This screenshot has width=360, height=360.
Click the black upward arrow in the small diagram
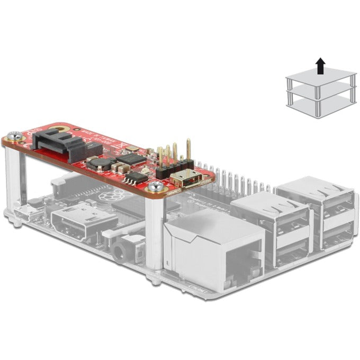pos(320,67)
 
